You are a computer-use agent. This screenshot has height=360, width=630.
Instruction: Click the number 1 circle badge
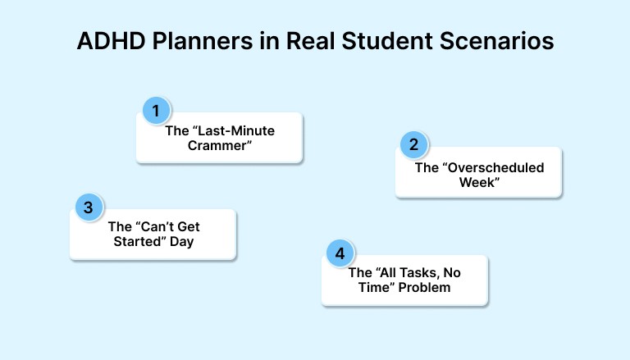tap(156, 110)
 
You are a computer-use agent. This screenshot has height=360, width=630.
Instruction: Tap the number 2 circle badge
tap(413, 145)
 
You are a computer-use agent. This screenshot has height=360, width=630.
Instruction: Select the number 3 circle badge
tap(88, 207)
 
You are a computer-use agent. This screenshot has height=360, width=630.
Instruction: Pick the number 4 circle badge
tap(340, 253)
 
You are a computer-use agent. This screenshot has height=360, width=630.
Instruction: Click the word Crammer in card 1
tap(219, 146)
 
